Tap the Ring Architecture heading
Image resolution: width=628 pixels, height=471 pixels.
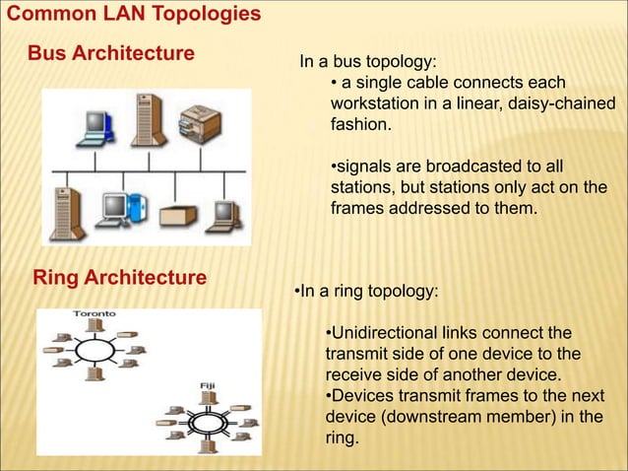point(119,278)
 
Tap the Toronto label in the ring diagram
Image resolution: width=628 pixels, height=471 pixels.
point(94,313)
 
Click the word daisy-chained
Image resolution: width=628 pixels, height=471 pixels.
point(556,104)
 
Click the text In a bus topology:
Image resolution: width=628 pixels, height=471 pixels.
point(367,62)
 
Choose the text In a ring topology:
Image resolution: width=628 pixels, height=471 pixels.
point(367,292)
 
